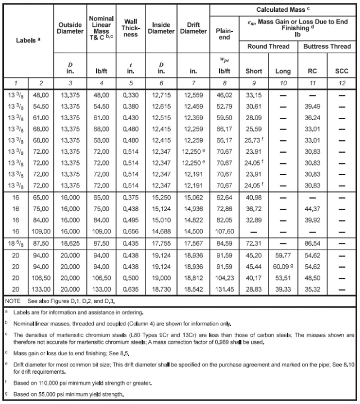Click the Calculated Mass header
[x=284, y=10]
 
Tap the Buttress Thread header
[x=327, y=47]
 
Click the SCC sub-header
[x=341, y=71]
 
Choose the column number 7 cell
[x=194, y=82]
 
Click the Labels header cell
[x=28, y=40]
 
